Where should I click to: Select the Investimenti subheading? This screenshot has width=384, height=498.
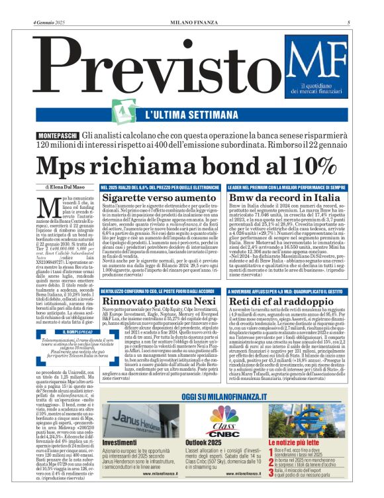120,442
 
